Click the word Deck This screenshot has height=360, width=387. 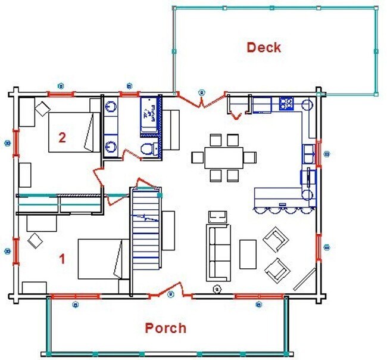pos(264,47)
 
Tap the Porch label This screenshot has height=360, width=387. pos(166,328)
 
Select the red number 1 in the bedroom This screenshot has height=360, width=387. pos(61,259)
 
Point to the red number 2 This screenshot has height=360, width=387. pos(61,137)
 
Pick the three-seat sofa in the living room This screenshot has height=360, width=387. pos(219,252)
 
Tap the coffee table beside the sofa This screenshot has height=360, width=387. pos(248,253)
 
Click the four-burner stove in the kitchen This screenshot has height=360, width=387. pos(286,104)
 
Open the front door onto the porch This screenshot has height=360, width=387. pos(170,293)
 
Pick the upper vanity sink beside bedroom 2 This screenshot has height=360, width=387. pos(111,108)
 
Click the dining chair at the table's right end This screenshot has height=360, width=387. pos(251,157)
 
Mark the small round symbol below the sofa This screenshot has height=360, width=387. pos(217,290)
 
